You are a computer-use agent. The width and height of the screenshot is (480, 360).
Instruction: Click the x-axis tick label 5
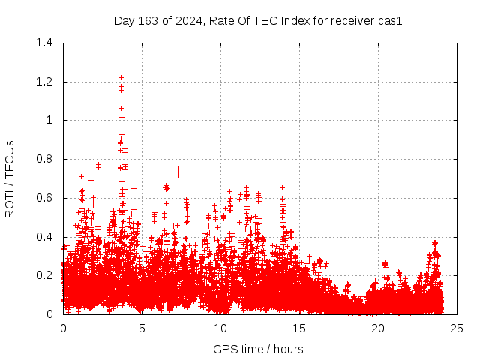[142, 328]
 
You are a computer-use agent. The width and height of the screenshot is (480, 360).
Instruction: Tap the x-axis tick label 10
[220, 328]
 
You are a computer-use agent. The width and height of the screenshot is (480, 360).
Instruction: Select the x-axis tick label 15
[299, 328]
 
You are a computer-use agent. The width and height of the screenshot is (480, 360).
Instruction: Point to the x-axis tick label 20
[378, 328]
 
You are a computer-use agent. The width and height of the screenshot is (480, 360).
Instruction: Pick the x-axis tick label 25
[457, 328]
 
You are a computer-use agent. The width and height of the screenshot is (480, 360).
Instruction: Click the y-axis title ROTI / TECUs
[10, 178]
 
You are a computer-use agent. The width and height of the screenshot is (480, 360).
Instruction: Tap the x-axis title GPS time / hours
[259, 349]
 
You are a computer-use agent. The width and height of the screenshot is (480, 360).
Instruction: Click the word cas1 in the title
[390, 20]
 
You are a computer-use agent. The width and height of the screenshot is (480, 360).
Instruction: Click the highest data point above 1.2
[121, 77]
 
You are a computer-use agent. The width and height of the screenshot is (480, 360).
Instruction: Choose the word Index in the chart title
[298, 20]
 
